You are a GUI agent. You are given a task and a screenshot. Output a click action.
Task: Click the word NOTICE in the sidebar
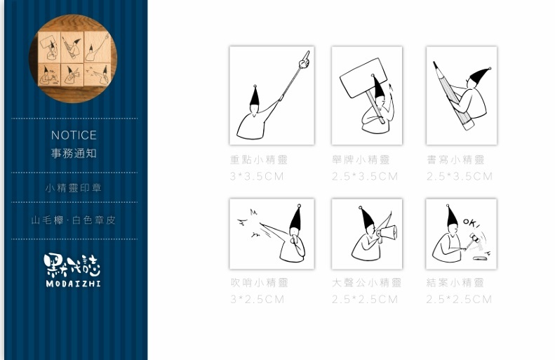click(74, 135)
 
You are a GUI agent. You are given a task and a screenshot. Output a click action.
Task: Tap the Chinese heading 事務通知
click(74, 153)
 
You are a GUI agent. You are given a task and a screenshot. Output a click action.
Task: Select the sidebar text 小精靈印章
click(74, 188)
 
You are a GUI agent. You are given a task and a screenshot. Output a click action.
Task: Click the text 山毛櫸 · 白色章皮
click(74, 220)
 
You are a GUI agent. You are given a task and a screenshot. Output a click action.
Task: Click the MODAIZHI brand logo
click(72, 269)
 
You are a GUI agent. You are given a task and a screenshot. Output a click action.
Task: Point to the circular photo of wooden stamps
click(73, 59)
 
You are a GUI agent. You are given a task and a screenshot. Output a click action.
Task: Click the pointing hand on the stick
click(304, 60)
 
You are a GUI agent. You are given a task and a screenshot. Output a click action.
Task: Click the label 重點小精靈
click(259, 160)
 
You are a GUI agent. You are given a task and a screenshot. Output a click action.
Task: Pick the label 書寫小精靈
click(455, 160)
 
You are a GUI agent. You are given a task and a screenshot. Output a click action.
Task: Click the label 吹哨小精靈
click(260, 283)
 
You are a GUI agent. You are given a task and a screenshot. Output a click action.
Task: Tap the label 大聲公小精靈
click(366, 283)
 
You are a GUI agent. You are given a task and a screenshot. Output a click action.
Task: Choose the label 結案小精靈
click(455, 283)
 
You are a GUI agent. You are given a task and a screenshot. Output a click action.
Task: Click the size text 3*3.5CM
click(257, 176)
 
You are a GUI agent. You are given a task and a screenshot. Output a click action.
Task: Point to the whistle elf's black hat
click(296, 220)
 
